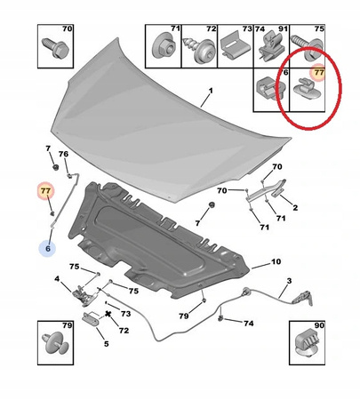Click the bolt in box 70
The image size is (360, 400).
point(55,48)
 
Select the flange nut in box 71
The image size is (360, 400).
point(163,47)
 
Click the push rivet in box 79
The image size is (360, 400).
point(56,343)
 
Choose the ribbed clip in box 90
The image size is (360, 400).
point(308,344)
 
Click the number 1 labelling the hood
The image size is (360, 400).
point(211,91)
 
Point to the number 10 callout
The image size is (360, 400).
point(276,261)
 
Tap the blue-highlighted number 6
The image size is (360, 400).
point(48,248)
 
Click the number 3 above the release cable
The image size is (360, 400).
point(289,280)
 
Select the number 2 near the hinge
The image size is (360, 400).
point(295,208)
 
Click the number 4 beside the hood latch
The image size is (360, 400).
point(57,279)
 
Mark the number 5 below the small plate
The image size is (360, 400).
point(106,344)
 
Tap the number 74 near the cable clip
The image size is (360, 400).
point(249,323)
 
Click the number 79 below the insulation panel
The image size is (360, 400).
point(184,316)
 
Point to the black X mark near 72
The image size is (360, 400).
point(108,314)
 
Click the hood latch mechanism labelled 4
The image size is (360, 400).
point(84,295)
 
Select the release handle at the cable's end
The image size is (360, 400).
point(303,299)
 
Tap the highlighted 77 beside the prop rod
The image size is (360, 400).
point(45,191)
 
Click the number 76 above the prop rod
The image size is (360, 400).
point(63,154)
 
